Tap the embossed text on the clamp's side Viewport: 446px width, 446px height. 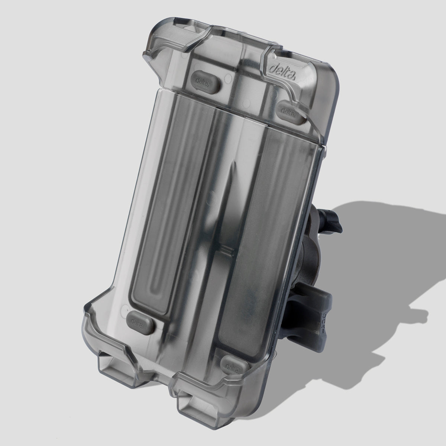coord(321,323)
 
